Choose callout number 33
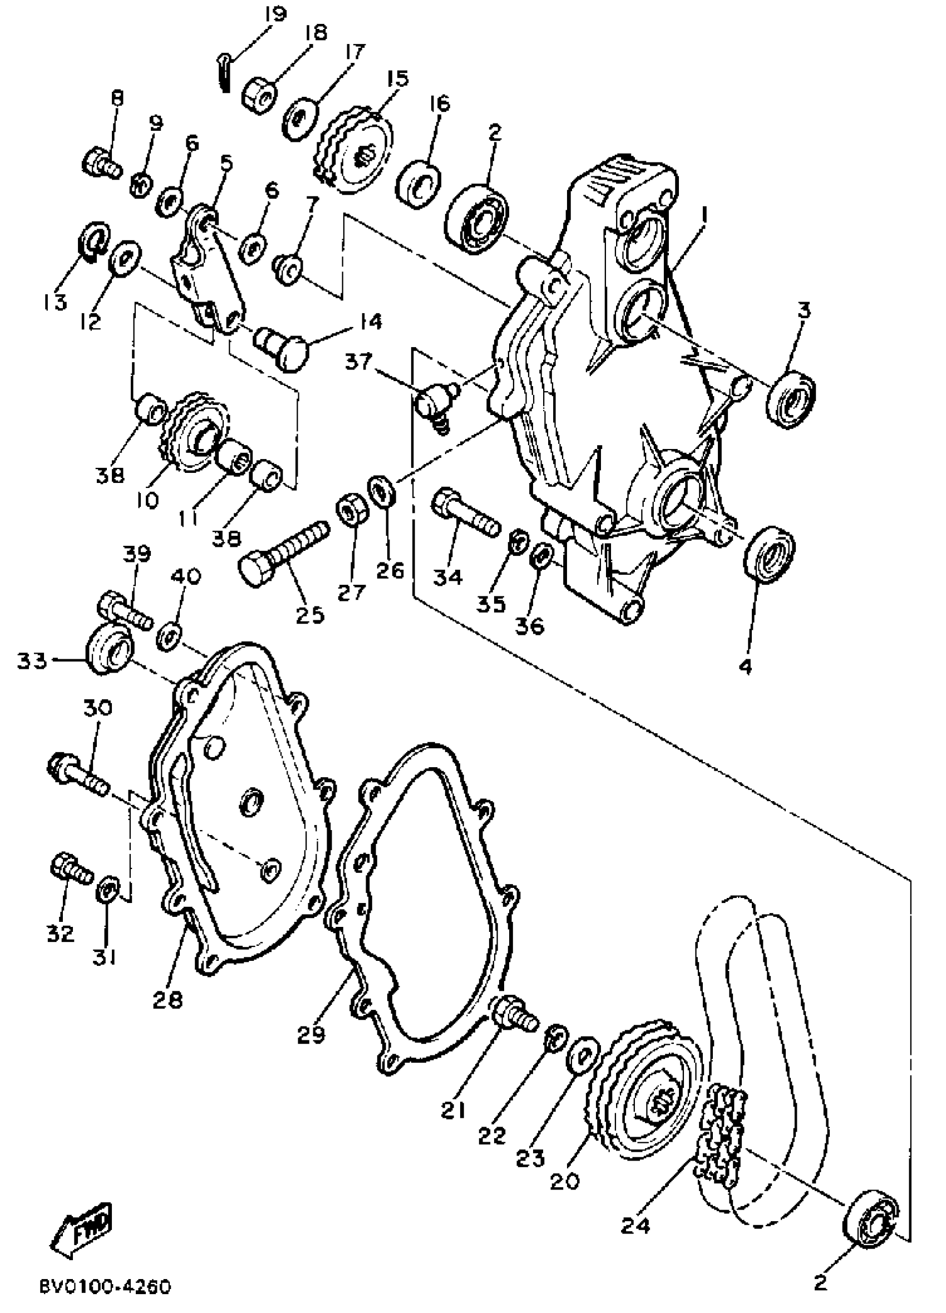[x=31, y=660]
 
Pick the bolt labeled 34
[x=463, y=510]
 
